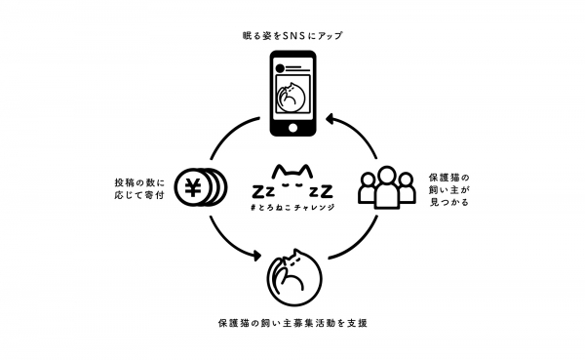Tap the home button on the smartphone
292,129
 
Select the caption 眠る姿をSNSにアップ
292,36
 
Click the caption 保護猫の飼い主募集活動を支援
292,321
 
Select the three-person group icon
383,189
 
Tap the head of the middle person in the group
383,176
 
